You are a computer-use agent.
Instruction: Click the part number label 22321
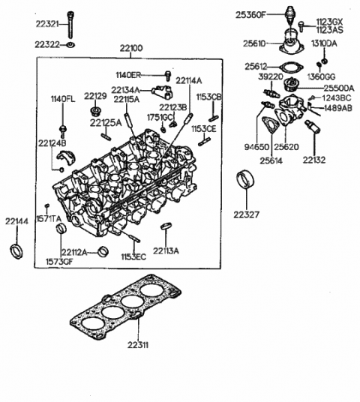pos(46,25)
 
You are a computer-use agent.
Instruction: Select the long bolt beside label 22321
pos(70,26)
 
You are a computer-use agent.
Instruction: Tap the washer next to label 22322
pos(70,46)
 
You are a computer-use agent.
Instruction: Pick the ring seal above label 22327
pos(244,181)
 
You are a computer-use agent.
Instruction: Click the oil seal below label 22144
pos(15,250)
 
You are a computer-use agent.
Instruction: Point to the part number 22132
pos(314,159)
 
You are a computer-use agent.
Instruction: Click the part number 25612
pos(256,66)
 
